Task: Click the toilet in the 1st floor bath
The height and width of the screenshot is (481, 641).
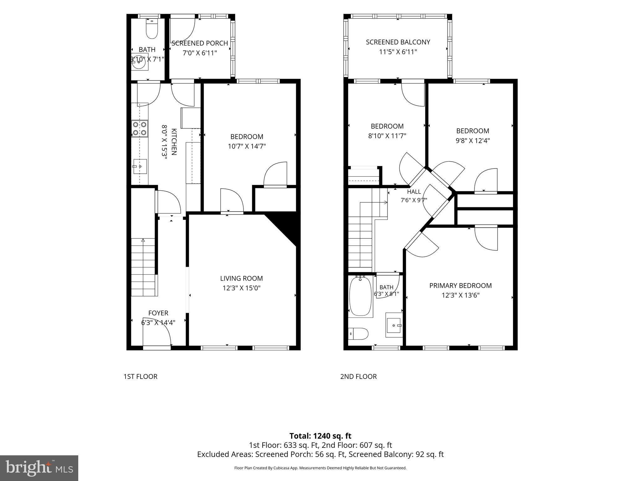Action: pyautogui.click(x=152, y=28)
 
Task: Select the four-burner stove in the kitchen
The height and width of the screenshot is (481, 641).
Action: pyautogui.click(x=139, y=128)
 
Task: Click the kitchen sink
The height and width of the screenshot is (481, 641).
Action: pyautogui.click(x=140, y=166)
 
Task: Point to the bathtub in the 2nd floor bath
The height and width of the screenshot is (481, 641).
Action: pyautogui.click(x=360, y=296)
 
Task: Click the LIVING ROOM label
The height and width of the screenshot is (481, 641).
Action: pyautogui.click(x=241, y=278)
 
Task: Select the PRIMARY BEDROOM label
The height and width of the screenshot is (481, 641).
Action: pyautogui.click(x=460, y=286)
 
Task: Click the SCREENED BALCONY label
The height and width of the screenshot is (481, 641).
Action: pyautogui.click(x=398, y=42)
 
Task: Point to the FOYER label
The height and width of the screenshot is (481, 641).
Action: pyautogui.click(x=158, y=313)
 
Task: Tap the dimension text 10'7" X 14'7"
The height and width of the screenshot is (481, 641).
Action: pyautogui.click(x=247, y=146)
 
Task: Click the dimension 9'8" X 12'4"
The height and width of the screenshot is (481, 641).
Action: pyautogui.click(x=473, y=141)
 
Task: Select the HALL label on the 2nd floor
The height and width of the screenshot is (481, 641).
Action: pyautogui.click(x=414, y=192)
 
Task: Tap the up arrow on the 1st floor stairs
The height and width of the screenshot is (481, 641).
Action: pyautogui.click(x=143, y=240)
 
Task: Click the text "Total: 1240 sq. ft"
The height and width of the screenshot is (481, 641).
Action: pyautogui.click(x=320, y=436)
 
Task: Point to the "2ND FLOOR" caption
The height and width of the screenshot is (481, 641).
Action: pyautogui.click(x=358, y=376)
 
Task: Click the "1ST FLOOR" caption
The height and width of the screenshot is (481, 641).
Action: pyautogui.click(x=140, y=376)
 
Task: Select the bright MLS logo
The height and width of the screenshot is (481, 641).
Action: pyautogui.click(x=39, y=468)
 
